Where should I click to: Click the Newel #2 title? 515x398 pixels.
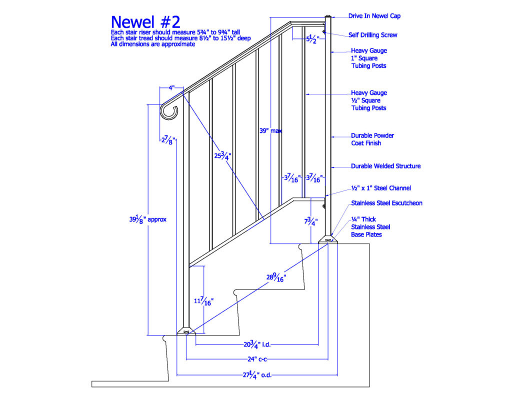[x=145, y=22]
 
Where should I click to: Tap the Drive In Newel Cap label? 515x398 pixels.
[x=374, y=16]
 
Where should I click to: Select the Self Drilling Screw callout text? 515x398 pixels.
[x=373, y=35]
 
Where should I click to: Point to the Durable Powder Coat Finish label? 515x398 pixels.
[x=372, y=139]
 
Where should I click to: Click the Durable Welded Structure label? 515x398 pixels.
[x=385, y=166]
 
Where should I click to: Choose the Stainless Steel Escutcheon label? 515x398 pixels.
[x=386, y=203]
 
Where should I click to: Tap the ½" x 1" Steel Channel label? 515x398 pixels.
[x=381, y=188]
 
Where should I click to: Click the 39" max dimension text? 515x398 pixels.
[x=270, y=130]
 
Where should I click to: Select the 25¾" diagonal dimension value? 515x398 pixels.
[x=222, y=155]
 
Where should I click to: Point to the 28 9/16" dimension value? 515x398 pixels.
[x=276, y=278]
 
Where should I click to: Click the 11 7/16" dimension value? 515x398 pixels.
[x=203, y=301]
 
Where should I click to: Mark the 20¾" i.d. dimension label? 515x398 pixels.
[x=257, y=345]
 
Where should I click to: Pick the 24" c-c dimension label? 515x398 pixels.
[x=257, y=359]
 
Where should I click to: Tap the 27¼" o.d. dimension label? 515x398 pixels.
[x=257, y=374]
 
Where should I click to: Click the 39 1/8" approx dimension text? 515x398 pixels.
[x=148, y=219]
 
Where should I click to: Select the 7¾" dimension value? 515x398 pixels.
[x=310, y=221]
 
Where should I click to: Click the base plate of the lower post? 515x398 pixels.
[x=186, y=331]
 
